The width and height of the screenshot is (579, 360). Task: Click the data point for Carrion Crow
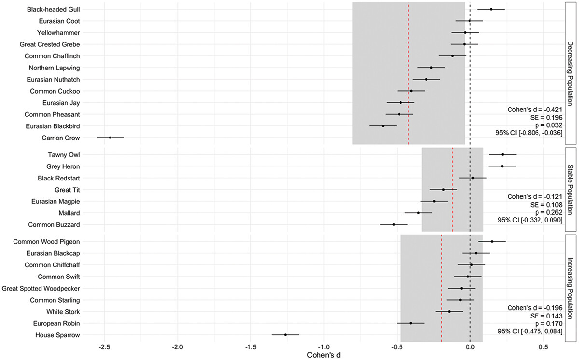point(110,138)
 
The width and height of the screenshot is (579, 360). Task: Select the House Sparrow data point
point(285,334)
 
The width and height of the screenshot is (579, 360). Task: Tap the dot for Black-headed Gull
point(491,9)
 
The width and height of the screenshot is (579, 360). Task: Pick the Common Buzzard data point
point(394,224)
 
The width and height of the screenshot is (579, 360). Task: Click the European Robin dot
point(411,323)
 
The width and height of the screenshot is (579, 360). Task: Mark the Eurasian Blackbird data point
point(383,126)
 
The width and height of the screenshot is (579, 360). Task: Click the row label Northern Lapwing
point(54,68)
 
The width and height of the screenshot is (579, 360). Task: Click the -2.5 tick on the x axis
point(104,346)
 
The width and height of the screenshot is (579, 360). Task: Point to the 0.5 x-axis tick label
point(543,346)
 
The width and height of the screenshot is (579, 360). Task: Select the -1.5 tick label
point(250,346)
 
